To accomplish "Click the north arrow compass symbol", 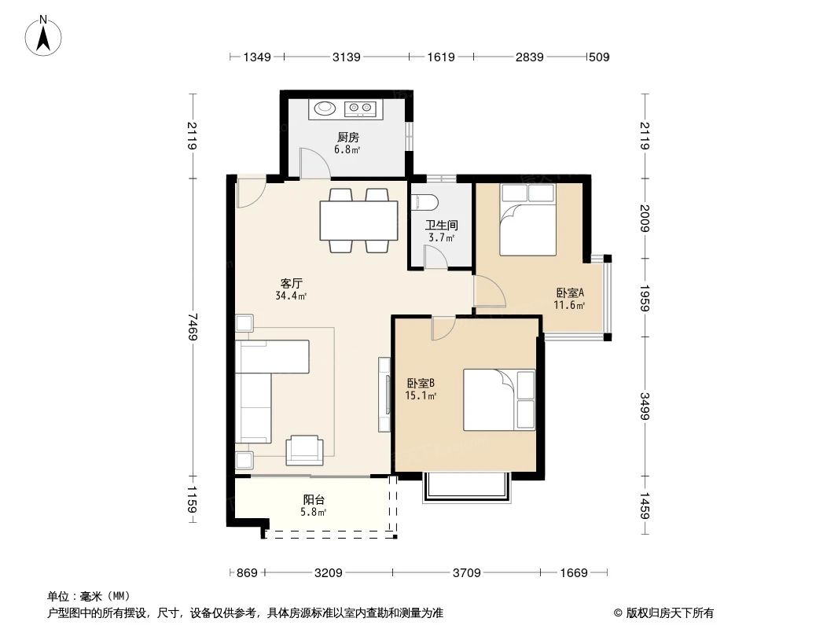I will pyautogui.click(x=46, y=35).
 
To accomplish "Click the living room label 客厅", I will pyautogui.click(x=292, y=283).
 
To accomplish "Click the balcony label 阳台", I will pyautogui.click(x=314, y=499).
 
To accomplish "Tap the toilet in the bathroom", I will pyautogui.click(x=425, y=201).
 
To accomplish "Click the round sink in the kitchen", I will pyautogui.click(x=324, y=109).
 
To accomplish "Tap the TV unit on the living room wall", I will pyautogui.click(x=384, y=394).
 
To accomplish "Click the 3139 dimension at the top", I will pyautogui.click(x=346, y=57).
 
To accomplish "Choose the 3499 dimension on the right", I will pyautogui.click(x=645, y=405).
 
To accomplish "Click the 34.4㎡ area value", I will pyautogui.click(x=291, y=296).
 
